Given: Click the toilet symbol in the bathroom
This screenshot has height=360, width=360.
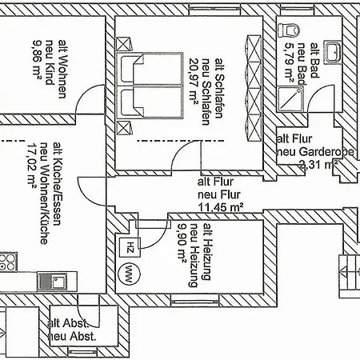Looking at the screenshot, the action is [x=289, y=30].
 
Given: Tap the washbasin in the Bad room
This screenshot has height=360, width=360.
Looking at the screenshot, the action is [x=333, y=52].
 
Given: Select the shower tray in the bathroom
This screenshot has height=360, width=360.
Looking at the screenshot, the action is [x=290, y=99].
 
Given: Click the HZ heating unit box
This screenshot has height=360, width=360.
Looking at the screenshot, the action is [x=130, y=247].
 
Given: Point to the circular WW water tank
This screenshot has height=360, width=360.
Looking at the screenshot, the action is [x=129, y=274].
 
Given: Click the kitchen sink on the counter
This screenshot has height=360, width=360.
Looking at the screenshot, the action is [x=52, y=282].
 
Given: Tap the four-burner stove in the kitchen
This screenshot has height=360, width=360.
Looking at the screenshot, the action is [x=8, y=262].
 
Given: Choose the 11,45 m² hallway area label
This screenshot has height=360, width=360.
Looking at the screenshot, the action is [x=221, y=207].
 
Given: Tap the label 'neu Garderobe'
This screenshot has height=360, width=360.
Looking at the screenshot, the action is [x=316, y=152].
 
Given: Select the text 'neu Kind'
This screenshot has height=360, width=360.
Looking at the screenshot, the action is [x=50, y=62].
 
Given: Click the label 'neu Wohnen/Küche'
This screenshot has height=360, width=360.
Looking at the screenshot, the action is [x=44, y=194].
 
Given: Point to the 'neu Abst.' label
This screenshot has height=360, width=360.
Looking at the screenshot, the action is [x=72, y=336].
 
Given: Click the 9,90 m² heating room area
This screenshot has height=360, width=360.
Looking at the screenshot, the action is [x=182, y=242].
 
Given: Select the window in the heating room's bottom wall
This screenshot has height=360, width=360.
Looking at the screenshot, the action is [x=194, y=302].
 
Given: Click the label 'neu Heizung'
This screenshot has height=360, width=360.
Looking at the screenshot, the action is [x=194, y=255].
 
